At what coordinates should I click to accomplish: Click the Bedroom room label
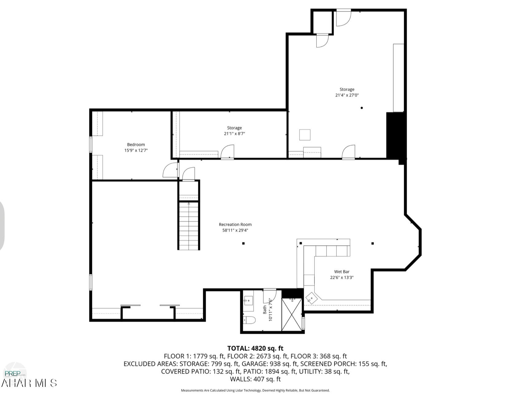click(136, 144)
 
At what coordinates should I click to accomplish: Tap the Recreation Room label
click(235, 224)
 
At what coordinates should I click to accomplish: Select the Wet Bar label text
click(342, 272)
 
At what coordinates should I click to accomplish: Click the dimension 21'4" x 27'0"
click(347, 95)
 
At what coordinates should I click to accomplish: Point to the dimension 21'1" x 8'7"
click(234, 134)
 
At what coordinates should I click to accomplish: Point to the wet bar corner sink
click(311, 298)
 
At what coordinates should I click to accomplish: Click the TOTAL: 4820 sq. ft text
click(255, 348)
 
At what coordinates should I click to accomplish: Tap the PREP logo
click(15, 373)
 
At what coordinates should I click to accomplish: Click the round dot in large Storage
click(362, 108)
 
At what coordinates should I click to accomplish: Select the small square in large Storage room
click(305, 135)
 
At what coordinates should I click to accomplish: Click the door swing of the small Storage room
click(227, 152)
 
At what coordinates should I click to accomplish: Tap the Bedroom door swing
click(170, 170)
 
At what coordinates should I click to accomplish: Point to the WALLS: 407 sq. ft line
click(255, 379)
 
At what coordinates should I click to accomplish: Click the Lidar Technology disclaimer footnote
click(255, 391)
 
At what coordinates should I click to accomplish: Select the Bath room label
click(264, 309)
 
